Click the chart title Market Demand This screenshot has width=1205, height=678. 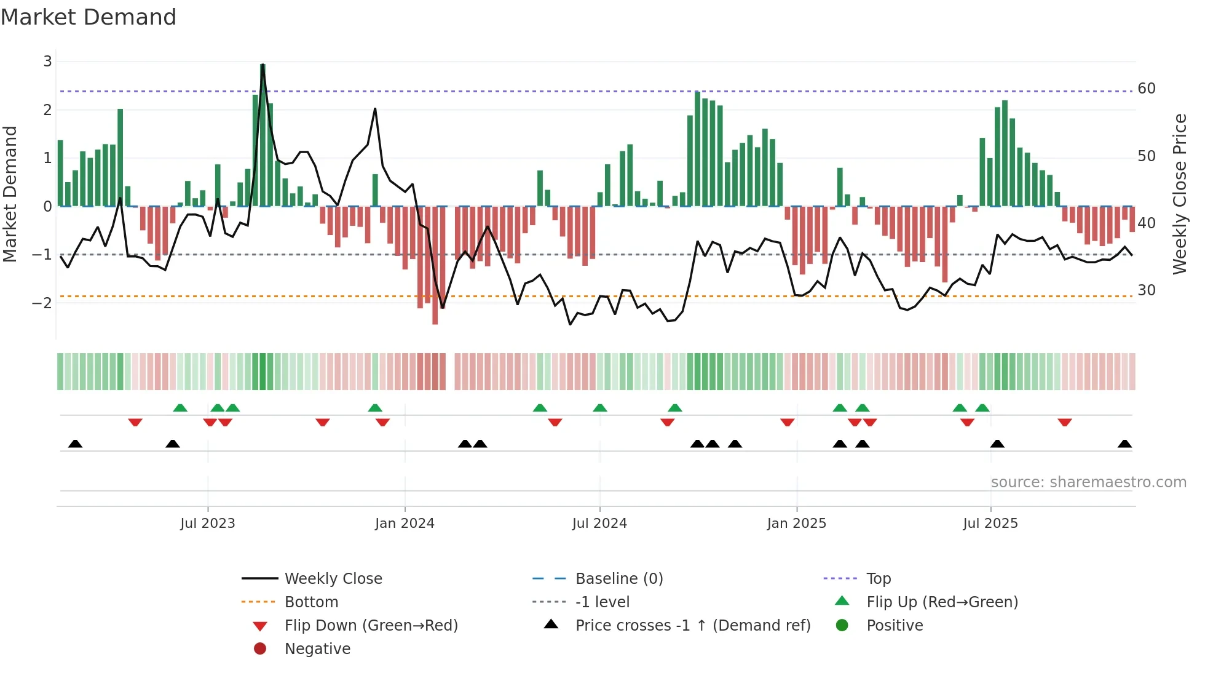89,17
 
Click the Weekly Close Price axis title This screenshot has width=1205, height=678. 1179,194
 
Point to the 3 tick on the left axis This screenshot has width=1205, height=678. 47,62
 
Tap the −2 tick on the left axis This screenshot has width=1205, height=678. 42,303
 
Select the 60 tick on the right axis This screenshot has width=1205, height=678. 1146,89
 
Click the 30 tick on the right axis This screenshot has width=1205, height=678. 1146,290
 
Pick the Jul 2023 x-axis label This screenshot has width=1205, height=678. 208,524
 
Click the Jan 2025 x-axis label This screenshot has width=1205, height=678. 797,524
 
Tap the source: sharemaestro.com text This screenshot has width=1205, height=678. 1088,482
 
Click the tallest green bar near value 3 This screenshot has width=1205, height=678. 263,135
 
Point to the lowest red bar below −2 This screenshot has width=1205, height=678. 435,265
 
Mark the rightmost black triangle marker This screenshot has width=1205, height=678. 1124,444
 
